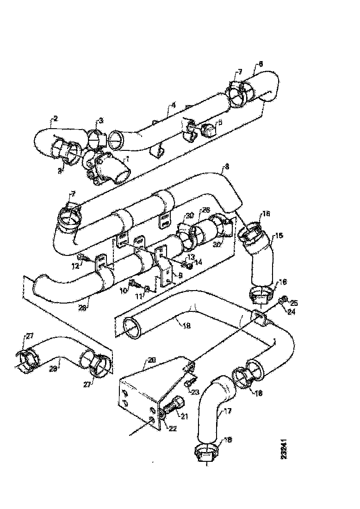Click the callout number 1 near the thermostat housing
coord(128,159)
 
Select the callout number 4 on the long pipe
coord(173,106)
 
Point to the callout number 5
coord(220,122)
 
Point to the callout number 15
coord(279,235)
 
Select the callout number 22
coord(171,428)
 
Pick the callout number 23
coord(195,392)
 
